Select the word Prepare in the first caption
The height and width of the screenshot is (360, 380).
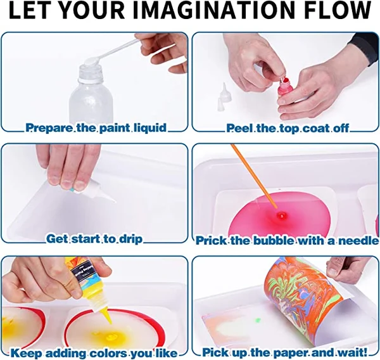tap(48, 128)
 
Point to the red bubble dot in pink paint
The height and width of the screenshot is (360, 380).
tap(279, 216)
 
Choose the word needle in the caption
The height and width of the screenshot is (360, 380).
tap(359, 240)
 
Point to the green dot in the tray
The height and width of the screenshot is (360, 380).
tap(258, 321)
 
